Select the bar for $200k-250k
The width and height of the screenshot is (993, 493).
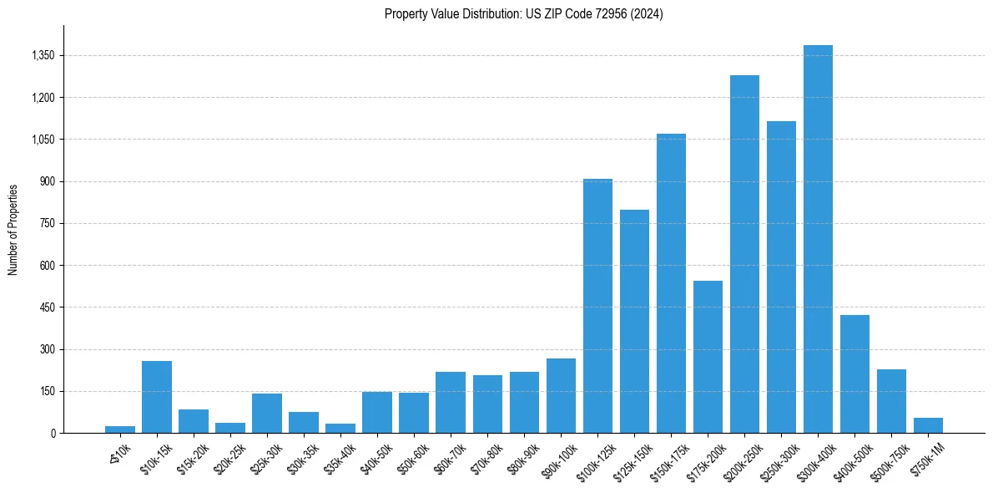pos(744,254)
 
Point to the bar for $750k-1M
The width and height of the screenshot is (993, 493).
pos(928,425)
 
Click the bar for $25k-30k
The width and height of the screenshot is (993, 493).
pos(267,413)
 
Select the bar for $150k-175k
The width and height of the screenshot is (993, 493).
pos(671,283)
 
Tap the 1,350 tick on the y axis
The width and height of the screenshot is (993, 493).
pos(42,56)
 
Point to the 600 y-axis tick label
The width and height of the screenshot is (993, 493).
pos(47,266)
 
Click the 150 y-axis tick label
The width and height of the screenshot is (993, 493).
pos(47,392)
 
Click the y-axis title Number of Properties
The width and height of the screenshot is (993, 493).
pos(13,230)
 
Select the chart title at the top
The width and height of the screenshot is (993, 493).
pos(523,14)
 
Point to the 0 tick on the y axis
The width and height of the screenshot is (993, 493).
pos(52,434)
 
